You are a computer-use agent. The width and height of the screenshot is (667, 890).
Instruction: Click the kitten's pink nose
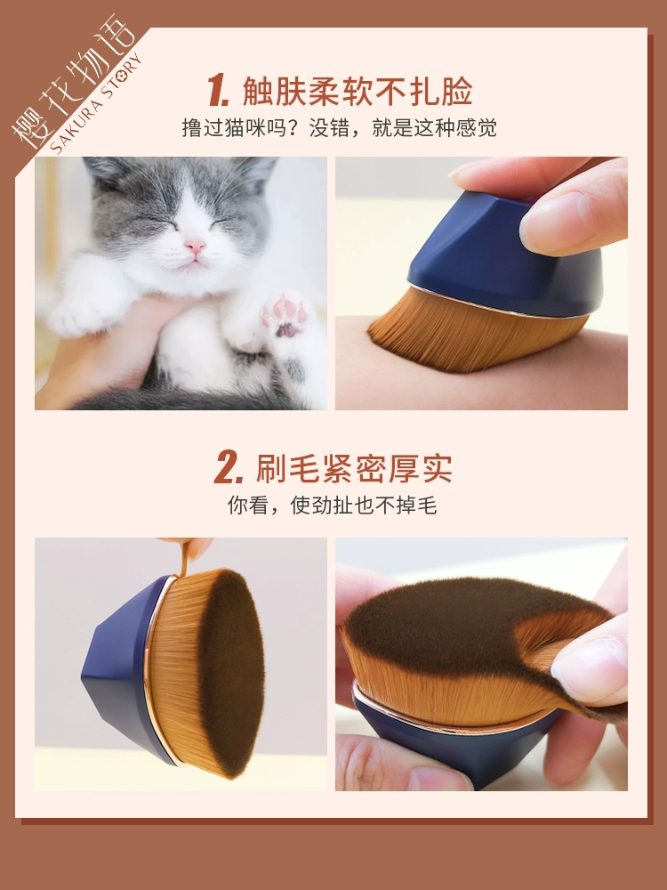195,246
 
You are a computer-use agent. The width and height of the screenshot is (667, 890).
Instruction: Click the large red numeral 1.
219,91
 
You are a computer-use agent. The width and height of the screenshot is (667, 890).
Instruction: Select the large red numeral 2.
229,468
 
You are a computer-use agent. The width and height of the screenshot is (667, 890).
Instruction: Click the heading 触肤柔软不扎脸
358,91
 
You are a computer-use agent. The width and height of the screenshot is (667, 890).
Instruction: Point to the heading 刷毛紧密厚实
354,468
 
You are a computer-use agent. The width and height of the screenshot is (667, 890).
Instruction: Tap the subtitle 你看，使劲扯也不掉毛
333,505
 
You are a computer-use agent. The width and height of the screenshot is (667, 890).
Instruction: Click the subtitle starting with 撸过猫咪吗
339,127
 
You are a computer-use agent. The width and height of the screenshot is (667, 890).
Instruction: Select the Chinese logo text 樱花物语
73,79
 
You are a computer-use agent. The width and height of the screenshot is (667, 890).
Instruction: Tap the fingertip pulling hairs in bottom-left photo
196,548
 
